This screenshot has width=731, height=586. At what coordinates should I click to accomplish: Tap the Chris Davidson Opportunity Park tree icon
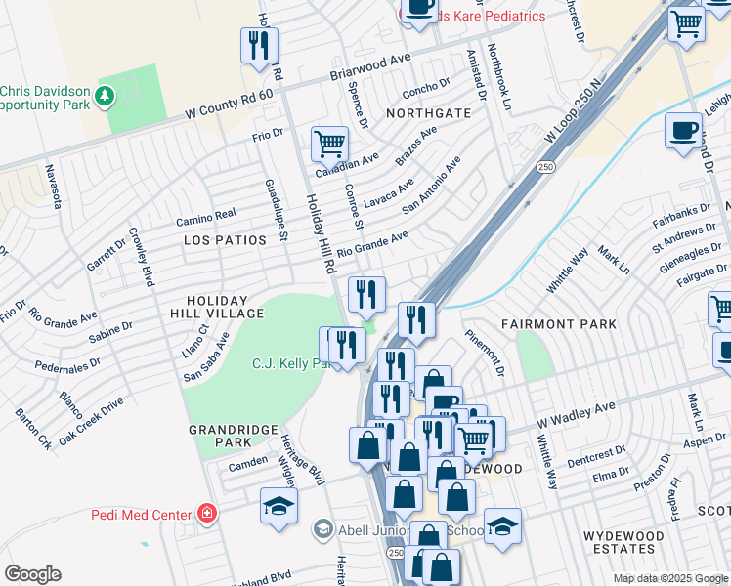point(105,96)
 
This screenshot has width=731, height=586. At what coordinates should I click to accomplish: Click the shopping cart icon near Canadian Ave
point(329,144)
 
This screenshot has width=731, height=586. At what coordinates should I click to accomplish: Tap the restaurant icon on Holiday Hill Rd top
point(259,45)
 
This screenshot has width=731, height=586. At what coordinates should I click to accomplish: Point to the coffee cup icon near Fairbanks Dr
point(683,130)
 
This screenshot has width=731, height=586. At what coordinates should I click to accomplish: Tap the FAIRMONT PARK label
point(559,323)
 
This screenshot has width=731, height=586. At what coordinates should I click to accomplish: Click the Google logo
point(32,574)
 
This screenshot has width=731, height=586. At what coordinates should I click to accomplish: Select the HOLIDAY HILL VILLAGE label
point(226,306)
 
